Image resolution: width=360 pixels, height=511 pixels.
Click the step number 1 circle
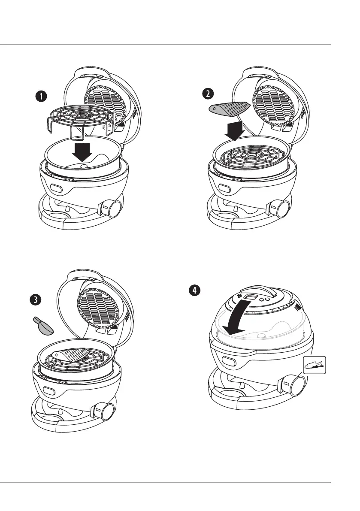tap(42, 97)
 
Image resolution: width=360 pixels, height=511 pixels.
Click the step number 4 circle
tap(195, 290)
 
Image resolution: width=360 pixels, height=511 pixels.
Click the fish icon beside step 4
tap(315, 366)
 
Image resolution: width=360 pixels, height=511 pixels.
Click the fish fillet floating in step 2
tap(229, 108)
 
